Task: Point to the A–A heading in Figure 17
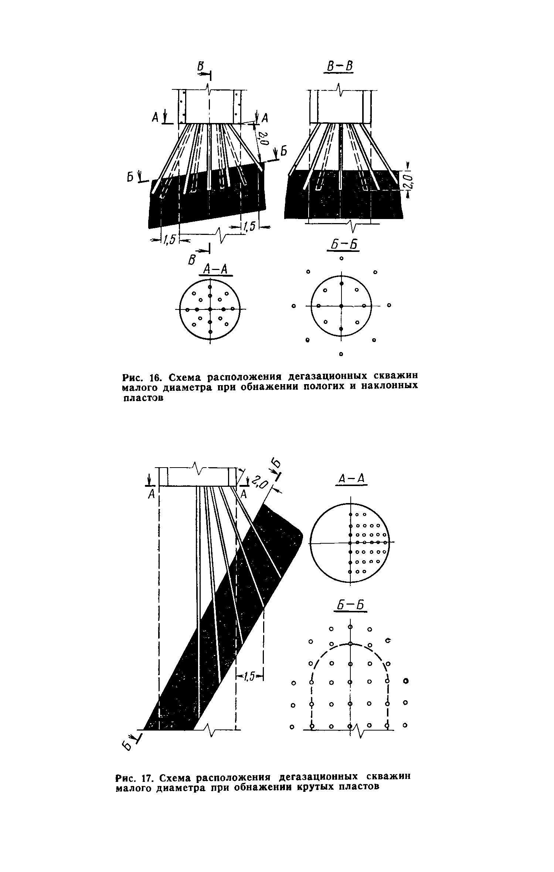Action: pyautogui.click(x=351, y=479)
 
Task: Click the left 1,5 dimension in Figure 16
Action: pyautogui.click(x=169, y=240)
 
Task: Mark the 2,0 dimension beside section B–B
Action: pyautogui.click(x=409, y=181)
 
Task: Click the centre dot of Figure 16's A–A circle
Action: pyautogui.click(x=210, y=309)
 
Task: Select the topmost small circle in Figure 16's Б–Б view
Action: pyautogui.click(x=341, y=258)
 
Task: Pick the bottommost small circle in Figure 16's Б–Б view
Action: pyautogui.click(x=341, y=354)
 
